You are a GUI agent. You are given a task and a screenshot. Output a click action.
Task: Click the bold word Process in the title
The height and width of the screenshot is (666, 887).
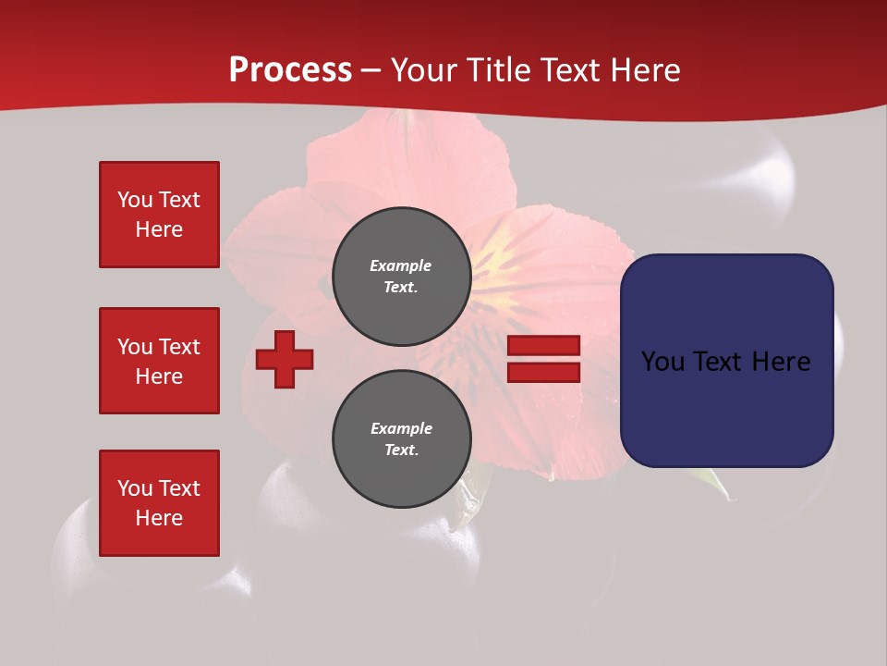[x=290, y=70]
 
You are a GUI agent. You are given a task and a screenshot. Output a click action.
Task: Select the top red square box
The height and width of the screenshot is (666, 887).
[x=159, y=215]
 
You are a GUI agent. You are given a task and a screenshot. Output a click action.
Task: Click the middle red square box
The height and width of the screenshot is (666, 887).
[x=159, y=361]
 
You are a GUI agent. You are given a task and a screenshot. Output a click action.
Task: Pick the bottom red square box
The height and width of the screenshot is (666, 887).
[x=159, y=503]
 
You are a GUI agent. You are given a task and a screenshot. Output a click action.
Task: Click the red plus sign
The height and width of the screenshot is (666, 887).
[x=285, y=359]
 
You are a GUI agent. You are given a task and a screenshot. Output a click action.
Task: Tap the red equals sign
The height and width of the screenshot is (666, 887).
[x=543, y=359]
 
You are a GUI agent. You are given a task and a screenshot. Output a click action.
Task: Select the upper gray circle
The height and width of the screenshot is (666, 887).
[x=401, y=277]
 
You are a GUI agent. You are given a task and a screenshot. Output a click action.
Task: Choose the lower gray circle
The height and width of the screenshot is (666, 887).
[x=401, y=439]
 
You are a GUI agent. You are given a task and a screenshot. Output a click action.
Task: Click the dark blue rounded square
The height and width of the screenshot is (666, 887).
[x=726, y=361]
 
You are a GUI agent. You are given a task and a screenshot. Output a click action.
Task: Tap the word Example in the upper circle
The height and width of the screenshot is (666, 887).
[x=400, y=265]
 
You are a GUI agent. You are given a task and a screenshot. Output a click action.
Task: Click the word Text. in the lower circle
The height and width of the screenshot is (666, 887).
[x=401, y=450]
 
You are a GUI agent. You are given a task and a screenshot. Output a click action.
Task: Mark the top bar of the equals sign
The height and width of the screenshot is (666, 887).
[x=543, y=346]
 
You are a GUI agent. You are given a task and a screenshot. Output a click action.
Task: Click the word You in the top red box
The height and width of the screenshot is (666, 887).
[x=135, y=200]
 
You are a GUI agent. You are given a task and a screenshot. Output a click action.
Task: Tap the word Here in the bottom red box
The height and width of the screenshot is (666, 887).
[x=159, y=518]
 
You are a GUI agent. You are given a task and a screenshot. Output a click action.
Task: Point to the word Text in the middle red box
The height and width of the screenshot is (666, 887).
[x=179, y=347]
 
